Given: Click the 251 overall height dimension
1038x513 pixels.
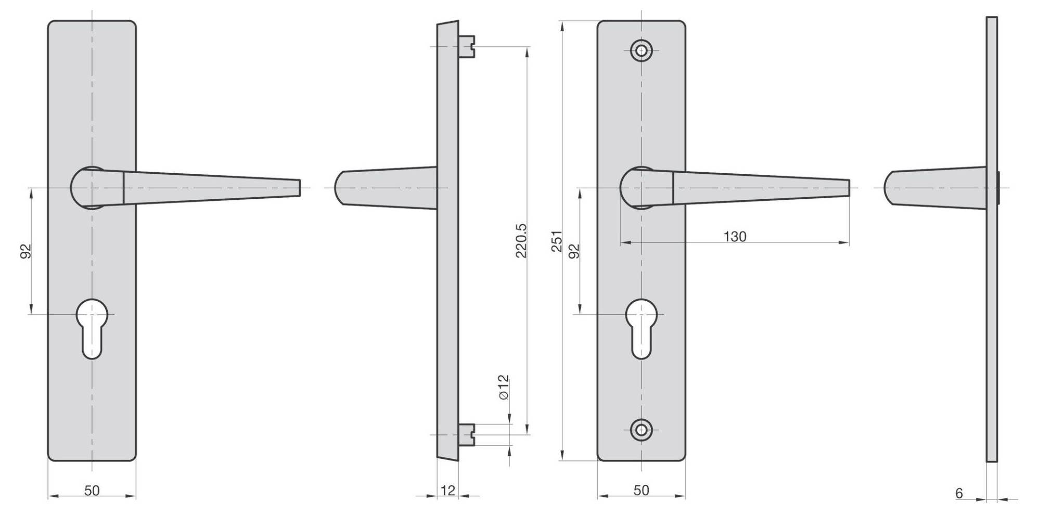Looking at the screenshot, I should tap(557, 241).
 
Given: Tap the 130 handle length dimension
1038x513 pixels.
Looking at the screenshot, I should tap(734, 237).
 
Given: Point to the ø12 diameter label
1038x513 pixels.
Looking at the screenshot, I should tap(503, 387).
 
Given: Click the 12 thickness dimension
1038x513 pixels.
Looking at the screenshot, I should tap(447, 490).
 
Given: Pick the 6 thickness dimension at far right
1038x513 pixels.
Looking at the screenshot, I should tap(959, 493).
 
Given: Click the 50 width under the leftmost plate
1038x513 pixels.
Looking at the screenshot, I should tap(92, 490).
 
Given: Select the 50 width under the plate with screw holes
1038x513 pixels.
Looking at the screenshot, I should tap(641, 490).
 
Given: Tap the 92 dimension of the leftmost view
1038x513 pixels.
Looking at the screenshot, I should tap(27, 251).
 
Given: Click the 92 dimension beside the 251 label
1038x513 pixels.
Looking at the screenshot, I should tap(574, 251).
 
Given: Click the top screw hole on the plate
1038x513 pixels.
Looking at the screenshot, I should tap(641, 50).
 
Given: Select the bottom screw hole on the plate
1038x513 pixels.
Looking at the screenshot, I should tap(641, 430).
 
